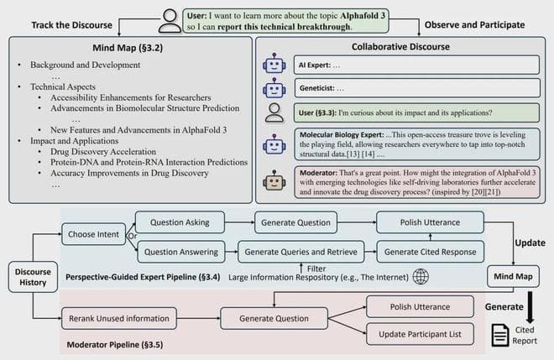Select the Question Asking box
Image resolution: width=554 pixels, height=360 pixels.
tap(179, 222)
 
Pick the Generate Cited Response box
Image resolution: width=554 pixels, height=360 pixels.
tap(430, 250)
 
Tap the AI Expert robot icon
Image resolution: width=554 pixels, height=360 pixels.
tap(273, 64)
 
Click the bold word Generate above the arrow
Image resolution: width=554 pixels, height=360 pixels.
tap(504, 307)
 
